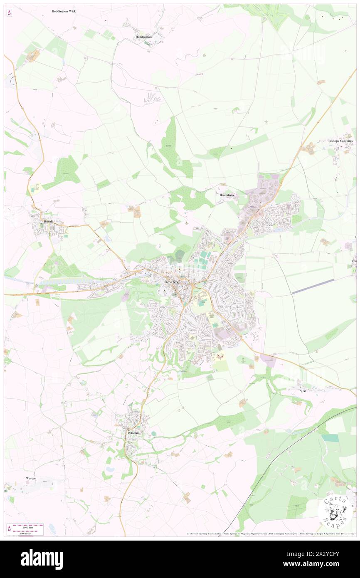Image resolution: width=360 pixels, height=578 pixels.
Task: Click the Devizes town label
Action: [x=171, y=282]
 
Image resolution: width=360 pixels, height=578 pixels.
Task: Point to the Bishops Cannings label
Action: [x=340, y=141]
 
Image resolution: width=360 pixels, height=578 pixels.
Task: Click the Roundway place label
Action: [x=227, y=195]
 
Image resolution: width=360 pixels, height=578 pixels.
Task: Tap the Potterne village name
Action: [x=134, y=433]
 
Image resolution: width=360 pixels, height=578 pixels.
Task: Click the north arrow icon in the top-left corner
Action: [x=9, y=13]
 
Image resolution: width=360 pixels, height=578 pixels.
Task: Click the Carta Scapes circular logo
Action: [x=335, y=511]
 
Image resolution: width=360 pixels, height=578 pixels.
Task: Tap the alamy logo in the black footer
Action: [x=42, y=559]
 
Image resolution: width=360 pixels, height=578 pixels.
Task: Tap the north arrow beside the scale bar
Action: [x=9, y=528]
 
